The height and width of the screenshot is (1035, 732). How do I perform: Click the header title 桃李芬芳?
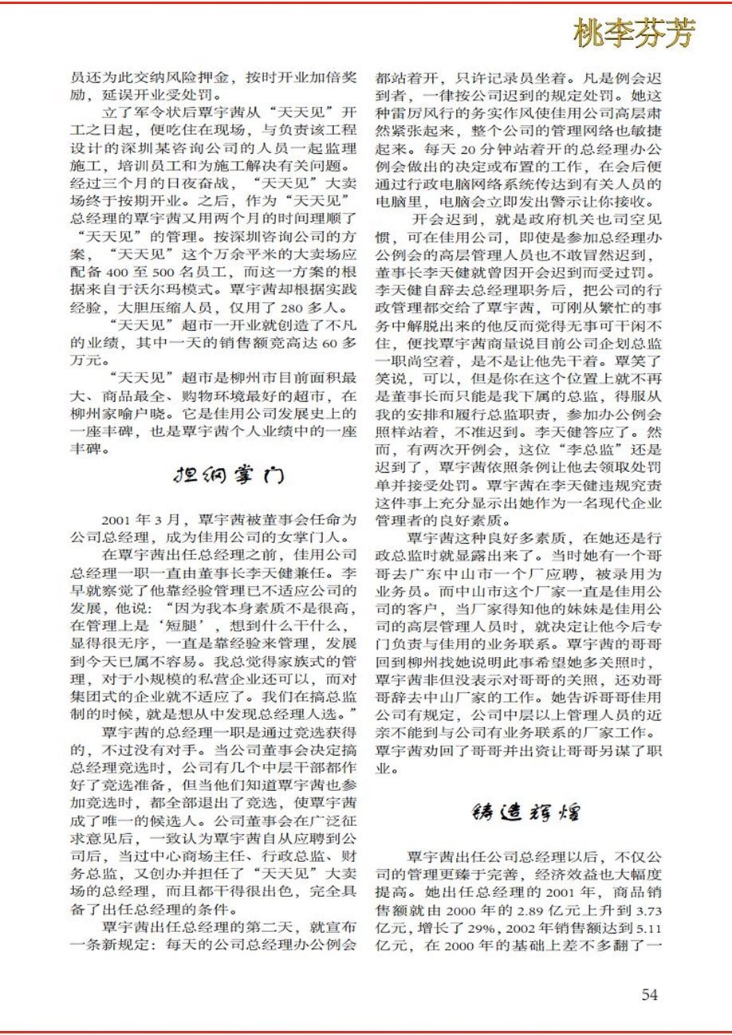(x=633, y=33)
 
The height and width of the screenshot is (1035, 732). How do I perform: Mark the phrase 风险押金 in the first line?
(x=170, y=79)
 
